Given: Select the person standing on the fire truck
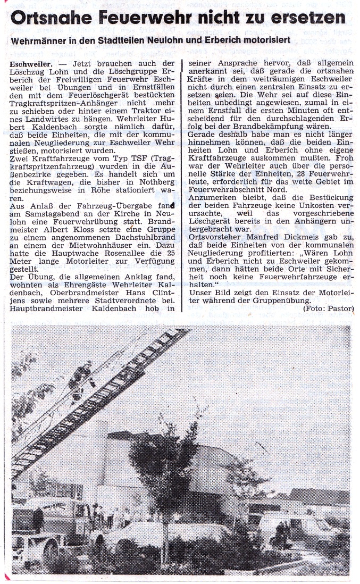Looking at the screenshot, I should tap(38, 519).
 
